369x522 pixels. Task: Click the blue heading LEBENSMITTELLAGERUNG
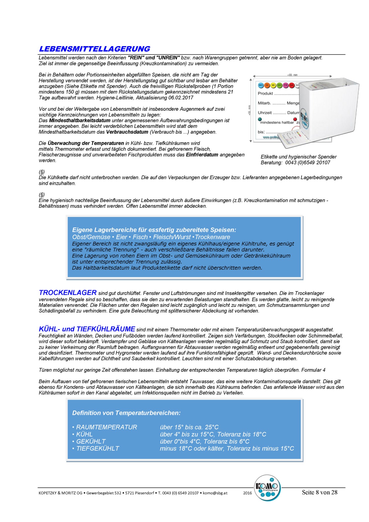(95, 49)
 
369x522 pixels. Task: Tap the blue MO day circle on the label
(261, 85)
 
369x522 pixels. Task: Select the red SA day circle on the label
(292, 85)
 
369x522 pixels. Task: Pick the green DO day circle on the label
(279, 85)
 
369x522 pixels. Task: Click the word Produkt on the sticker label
(265, 94)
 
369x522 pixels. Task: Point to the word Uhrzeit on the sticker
(265, 113)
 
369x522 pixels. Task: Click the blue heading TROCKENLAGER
(68, 293)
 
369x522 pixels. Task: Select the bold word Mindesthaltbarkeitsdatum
(80, 121)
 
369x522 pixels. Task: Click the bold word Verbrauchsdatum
(127, 132)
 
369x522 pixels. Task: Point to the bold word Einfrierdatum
(202, 155)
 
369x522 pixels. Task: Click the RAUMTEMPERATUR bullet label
(107, 427)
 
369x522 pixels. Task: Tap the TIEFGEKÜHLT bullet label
(98, 449)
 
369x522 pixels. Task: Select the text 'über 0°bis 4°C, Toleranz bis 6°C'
(204, 441)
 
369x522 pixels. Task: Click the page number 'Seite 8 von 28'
(320, 492)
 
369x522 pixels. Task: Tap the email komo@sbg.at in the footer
(215, 493)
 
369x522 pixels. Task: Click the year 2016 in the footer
(247, 493)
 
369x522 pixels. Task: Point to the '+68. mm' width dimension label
(292, 75)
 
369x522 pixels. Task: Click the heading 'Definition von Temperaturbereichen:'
(126, 413)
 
